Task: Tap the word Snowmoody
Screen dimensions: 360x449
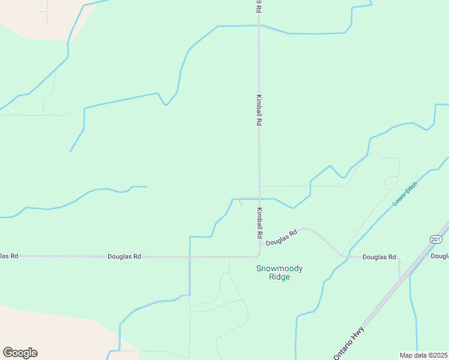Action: pyautogui.click(x=280, y=269)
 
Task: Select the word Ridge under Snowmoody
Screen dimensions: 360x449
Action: pyautogui.click(x=280, y=277)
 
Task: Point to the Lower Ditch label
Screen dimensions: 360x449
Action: pyautogui.click(x=405, y=195)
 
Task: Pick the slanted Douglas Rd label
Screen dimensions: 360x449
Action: pyautogui.click(x=282, y=238)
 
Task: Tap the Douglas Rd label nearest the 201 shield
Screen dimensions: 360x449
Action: pyautogui.click(x=379, y=257)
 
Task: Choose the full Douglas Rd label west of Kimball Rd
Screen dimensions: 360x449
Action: pyautogui.click(x=124, y=256)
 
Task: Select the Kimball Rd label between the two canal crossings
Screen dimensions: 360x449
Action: pyautogui.click(x=259, y=109)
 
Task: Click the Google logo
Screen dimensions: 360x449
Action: pyautogui.click(x=20, y=353)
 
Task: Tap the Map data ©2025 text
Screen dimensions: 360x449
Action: pyautogui.click(x=424, y=355)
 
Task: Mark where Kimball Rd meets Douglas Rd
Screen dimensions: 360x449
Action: pyautogui.click(x=259, y=256)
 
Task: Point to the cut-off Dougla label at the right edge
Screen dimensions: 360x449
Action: pyautogui.click(x=439, y=256)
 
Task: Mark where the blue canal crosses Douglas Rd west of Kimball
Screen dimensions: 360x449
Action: pyautogui.click(x=190, y=256)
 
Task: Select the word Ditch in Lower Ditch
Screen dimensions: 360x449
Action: pyautogui.click(x=410, y=190)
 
